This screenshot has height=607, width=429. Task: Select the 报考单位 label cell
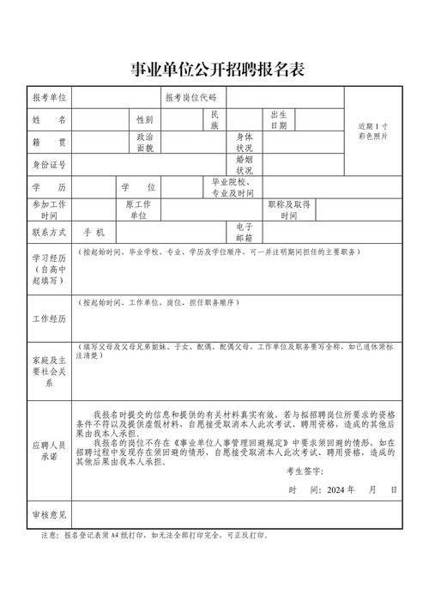click(49, 98)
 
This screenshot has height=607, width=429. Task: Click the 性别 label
click(143, 119)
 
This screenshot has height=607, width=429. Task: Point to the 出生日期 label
click(279, 119)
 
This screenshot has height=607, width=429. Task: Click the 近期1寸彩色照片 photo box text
click(372, 131)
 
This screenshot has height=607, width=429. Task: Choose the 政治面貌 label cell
click(145, 142)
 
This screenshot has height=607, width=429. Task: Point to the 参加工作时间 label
click(49, 209)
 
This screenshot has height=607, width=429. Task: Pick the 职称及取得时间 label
click(289, 209)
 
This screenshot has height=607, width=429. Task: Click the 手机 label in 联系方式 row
click(94, 233)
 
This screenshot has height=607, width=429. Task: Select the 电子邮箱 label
click(245, 233)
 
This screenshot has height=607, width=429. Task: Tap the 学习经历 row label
click(49, 268)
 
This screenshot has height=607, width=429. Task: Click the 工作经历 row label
click(49, 319)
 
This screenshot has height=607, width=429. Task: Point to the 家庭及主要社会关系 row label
click(49, 371)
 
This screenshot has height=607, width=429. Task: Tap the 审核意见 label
click(49, 515)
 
